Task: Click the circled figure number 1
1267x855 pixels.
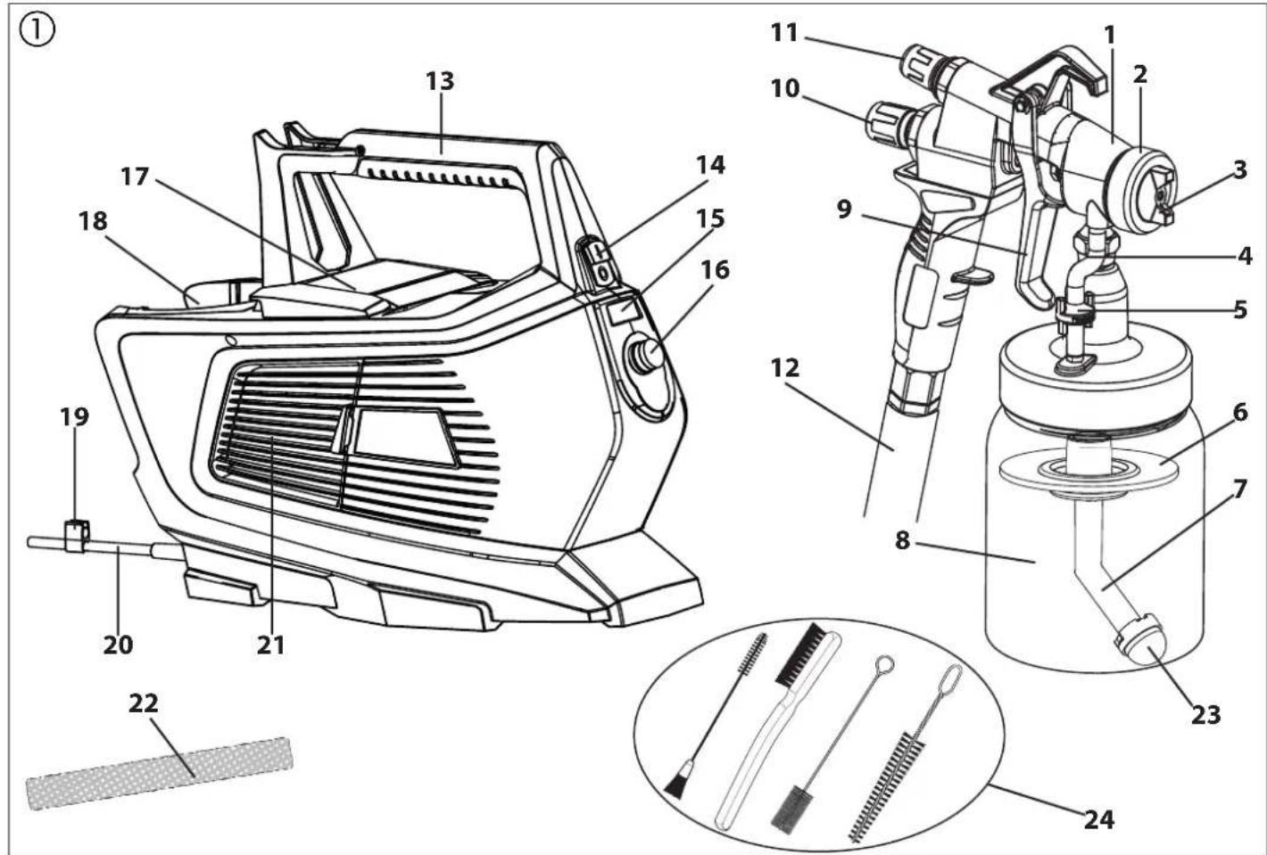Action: tap(37, 30)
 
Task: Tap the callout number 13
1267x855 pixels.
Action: tap(440, 81)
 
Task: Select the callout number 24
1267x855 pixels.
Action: tap(1099, 819)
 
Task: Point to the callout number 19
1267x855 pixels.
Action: tap(75, 417)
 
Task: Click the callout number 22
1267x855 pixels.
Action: tap(144, 703)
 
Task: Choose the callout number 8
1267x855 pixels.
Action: tap(902, 540)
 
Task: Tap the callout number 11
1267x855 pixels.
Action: tap(784, 33)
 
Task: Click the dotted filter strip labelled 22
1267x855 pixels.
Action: tap(160, 774)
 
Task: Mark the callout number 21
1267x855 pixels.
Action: tap(270, 645)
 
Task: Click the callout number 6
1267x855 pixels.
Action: tap(1240, 413)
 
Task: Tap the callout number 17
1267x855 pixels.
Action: tap(135, 177)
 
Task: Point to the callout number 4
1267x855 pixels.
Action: tap(1245, 256)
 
